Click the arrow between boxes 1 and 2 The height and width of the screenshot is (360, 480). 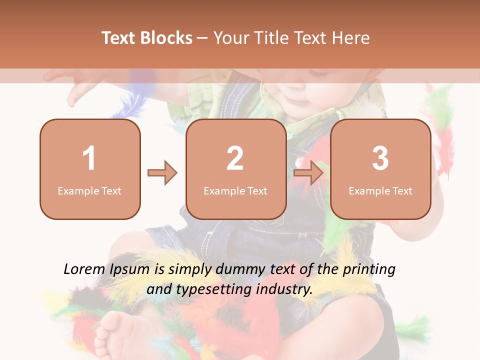[162, 173]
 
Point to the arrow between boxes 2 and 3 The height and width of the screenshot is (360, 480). [308, 173]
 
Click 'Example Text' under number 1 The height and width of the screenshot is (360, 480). [89, 190]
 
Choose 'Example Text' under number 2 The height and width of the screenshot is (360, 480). [235, 190]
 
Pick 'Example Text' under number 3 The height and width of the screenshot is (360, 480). [380, 190]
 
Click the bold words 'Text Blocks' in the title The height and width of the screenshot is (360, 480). [147, 38]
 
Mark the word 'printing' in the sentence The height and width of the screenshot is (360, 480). [368, 269]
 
